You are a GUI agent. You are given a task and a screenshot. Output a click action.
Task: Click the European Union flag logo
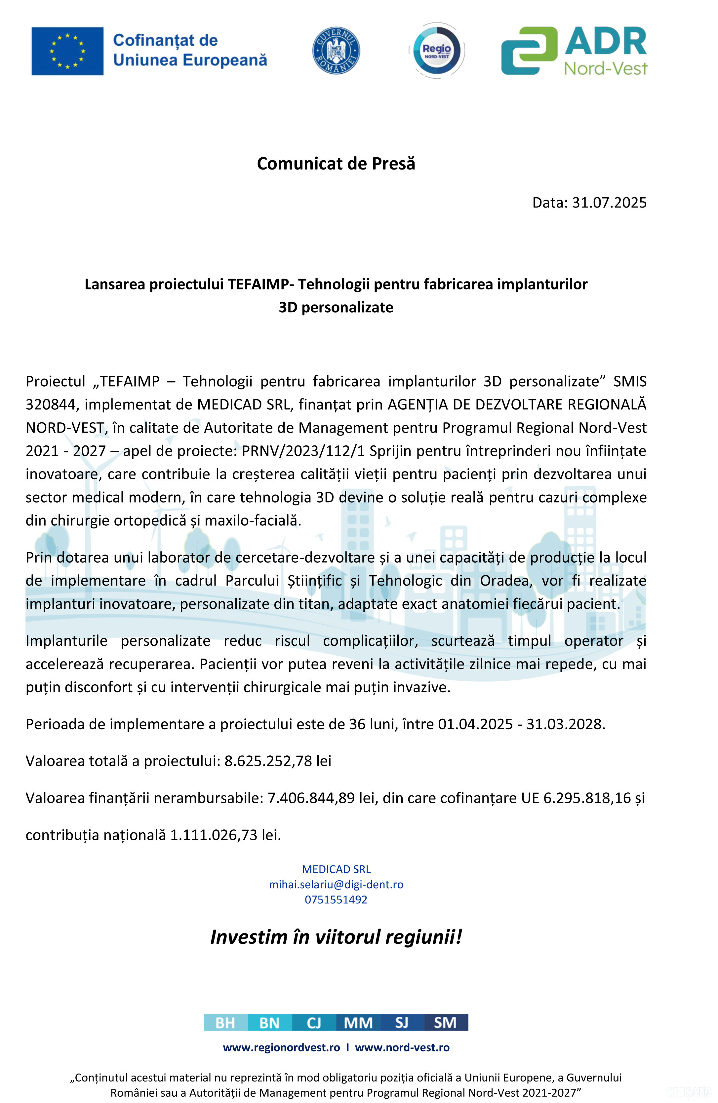pos(67,51)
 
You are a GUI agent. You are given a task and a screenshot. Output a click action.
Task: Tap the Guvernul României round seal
pos(336,50)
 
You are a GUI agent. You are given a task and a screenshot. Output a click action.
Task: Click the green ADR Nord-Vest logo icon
pos(529,51)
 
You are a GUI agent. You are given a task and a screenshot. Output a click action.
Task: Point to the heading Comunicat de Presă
pos(336,164)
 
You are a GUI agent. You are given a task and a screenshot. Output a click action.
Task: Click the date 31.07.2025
pos(609,203)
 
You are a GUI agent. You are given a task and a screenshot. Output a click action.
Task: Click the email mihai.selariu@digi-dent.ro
pos(336,884)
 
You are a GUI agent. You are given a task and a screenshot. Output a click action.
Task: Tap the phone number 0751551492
pos(336,899)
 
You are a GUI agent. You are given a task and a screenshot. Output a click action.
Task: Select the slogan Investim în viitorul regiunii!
pos(336,936)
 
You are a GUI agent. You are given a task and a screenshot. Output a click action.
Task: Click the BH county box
pos(226,1022)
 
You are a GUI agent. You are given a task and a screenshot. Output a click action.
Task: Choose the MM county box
pos(358,1022)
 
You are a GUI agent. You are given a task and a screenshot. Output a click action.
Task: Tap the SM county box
pos(446,1022)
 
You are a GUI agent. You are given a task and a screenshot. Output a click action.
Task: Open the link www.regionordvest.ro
pos(281,1047)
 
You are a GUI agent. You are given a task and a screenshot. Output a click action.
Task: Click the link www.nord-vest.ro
pos(402,1047)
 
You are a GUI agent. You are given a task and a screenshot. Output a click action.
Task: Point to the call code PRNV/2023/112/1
pos(303,451)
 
